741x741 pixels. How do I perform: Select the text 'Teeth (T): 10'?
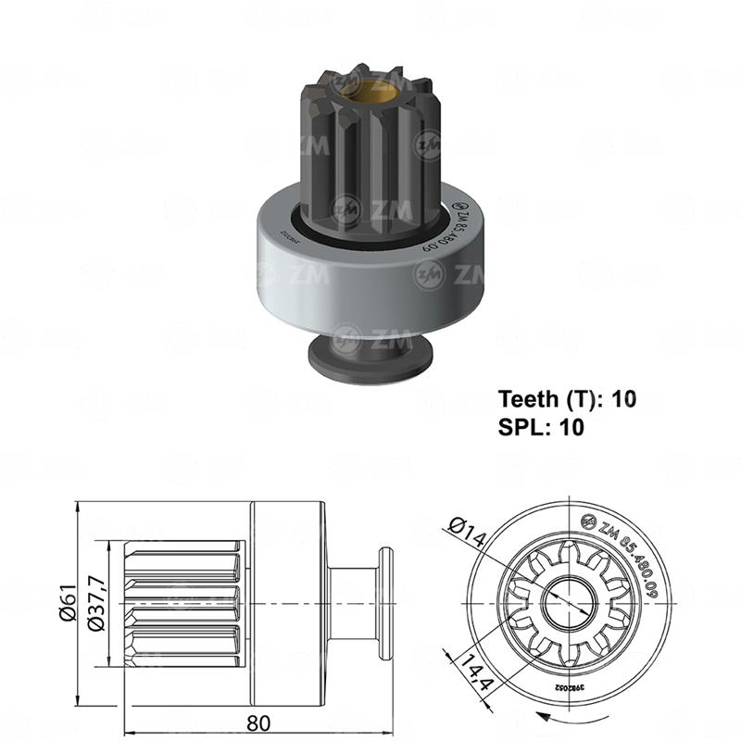pos(568,399)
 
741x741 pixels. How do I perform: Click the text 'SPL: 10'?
pos(542,427)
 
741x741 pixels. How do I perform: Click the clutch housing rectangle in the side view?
pos(288,602)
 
